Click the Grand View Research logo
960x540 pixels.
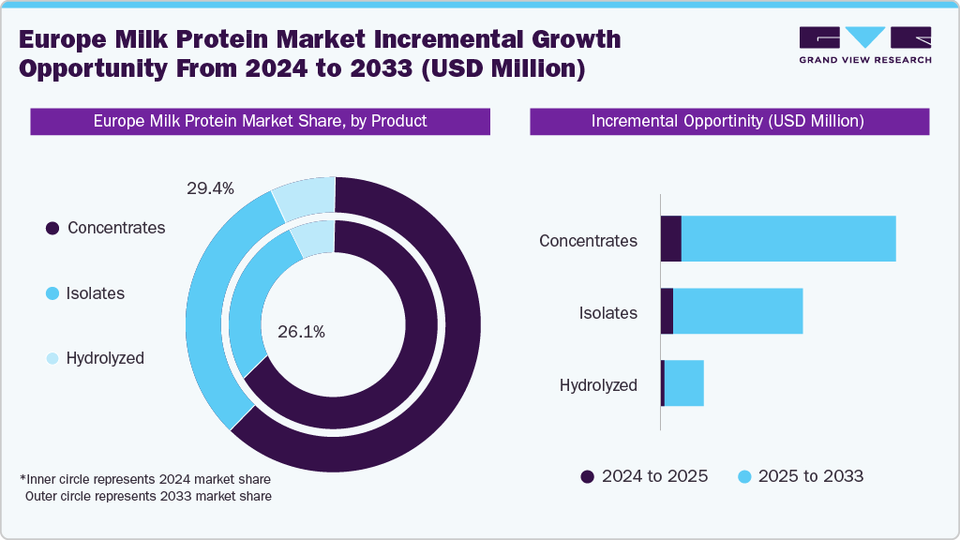(x=864, y=45)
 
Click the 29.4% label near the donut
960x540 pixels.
(x=210, y=189)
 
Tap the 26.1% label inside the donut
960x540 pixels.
(x=302, y=332)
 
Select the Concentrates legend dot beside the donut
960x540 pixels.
(x=52, y=229)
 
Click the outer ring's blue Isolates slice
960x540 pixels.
(x=211, y=309)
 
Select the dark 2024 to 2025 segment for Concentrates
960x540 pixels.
(x=670, y=239)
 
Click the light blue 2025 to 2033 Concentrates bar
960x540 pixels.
(x=787, y=239)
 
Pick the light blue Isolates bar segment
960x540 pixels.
(x=738, y=311)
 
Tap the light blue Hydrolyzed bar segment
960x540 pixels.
(x=683, y=383)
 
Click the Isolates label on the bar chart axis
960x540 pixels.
(x=607, y=313)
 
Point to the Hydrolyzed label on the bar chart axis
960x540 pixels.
(x=598, y=385)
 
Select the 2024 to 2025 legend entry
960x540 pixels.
(x=645, y=476)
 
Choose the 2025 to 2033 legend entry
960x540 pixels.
(x=802, y=476)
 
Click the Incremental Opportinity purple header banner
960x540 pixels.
(x=728, y=122)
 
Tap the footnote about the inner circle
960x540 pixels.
(x=145, y=479)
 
